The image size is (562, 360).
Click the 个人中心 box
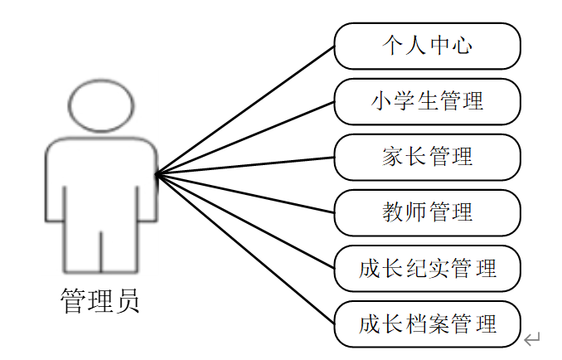tap(427, 45)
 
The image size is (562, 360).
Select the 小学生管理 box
tap(427, 101)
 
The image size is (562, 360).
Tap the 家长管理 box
tap(427, 157)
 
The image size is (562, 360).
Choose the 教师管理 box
tap(427, 212)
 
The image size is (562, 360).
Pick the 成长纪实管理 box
tap(427, 269)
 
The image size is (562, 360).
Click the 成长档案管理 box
tap(427, 324)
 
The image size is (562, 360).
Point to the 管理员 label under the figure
tap(100, 300)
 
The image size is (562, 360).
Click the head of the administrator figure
tap(100, 105)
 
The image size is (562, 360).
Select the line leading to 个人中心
tap(245, 109)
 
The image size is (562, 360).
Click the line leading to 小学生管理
tap(245, 138)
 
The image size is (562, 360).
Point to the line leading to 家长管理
tap(245, 165)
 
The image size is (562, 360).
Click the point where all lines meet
tap(157, 174)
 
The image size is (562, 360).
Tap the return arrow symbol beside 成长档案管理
tap(532, 338)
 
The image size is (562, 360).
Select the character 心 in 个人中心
tap(461, 45)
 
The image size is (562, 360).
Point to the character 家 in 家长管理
tap(393, 157)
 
